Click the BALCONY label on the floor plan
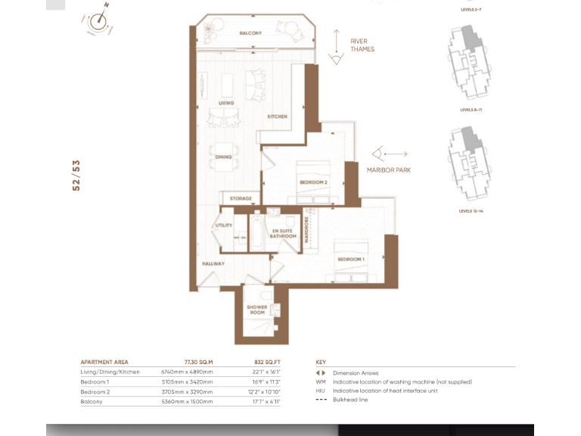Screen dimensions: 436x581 pyautogui.click(x=250, y=34)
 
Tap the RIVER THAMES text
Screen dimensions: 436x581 pyautogui.click(x=362, y=45)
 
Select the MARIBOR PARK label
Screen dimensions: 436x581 pyautogui.click(x=389, y=170)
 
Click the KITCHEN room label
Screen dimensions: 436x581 pyautogui.click(x=277, y=117)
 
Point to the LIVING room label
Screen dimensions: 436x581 pyautogui.click(x=225, y=103)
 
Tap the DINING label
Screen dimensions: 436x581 pyautogui.click(x=223, y=157)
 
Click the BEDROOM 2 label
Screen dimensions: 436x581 pyautogui.click(x=312, y=182)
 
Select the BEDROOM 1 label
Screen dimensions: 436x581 pyautogui.click(x=351, y=260)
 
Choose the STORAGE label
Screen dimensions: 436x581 pyautogui.click(x=241, y=198)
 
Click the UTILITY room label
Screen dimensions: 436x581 pyautogui.click(x=223, y=226)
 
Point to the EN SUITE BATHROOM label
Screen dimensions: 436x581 pyautogui.click(x=281, y=233)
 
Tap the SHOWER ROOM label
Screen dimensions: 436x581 pyautogui.click(x=257, y=310)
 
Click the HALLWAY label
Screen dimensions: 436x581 pyautogui.click(x=213, y=263)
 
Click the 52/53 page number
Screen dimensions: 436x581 pyautogui.click(x=76, y=175)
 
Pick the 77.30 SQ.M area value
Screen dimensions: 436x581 pyautogui.click(x=198, y=363)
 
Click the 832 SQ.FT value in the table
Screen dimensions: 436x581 pyautogui.click(x=268, y=363)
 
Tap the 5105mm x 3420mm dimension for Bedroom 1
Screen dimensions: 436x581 pyautogui.click(x=188, y=382)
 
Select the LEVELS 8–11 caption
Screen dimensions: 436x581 pyautogui.click(x=471, y=110)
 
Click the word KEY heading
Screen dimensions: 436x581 pyautogui.click(x=321, y=363)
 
